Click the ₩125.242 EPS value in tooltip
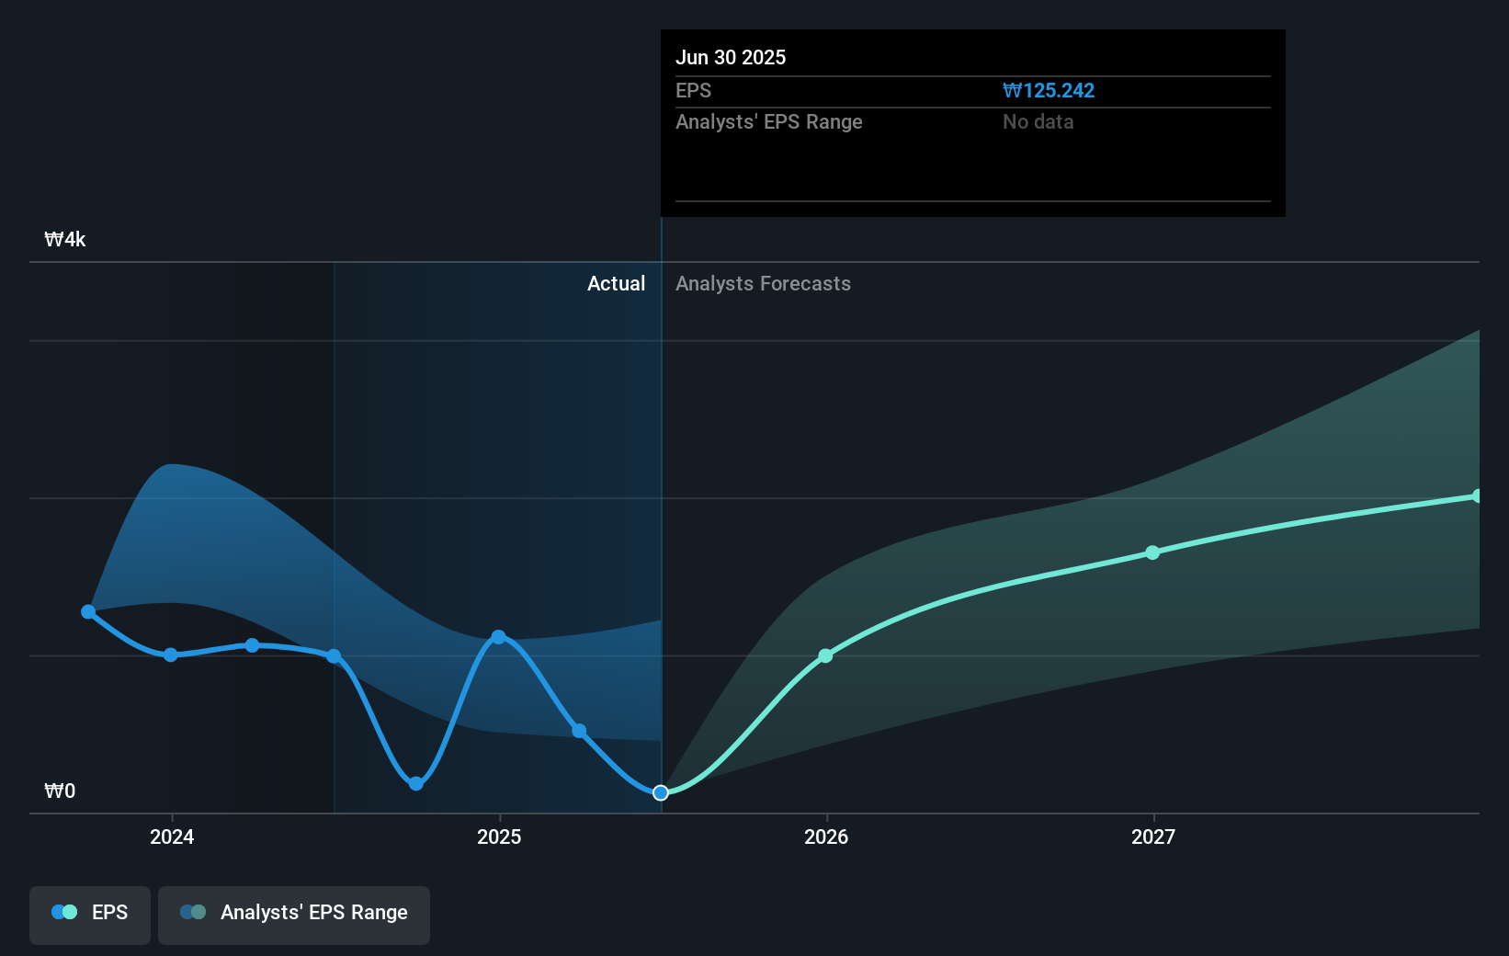(1048, 90)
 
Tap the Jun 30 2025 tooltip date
(731, 57)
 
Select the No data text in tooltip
(1038, 121)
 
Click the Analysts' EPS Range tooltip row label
(768, 121)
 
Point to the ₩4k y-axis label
(65, 240)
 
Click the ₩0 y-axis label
(60, 791)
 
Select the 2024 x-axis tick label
(172, 836)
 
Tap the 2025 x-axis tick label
(499, 836)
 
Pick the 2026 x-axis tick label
(826, 836)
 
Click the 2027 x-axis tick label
(1153, 836)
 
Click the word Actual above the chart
(616, 283)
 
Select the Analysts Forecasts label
(763, 283)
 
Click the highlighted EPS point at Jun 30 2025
(661, 792)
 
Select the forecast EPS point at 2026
(825, 655)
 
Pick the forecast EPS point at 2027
(1152, 552)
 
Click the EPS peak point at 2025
(498, 637)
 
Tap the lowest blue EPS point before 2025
(416, 783)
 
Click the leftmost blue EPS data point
(88, 611)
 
